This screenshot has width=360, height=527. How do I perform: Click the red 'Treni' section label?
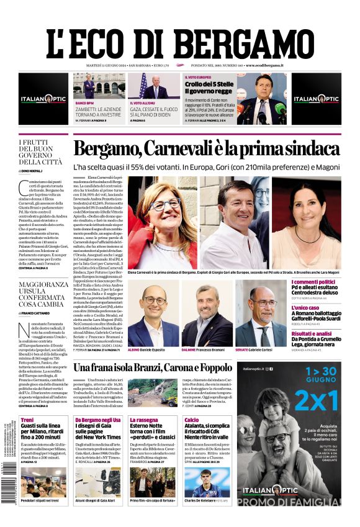pos(27,420)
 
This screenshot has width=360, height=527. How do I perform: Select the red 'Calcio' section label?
pos(192,420)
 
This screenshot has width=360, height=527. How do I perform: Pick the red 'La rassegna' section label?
pos(143,420)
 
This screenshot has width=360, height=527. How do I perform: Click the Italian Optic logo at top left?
pos(43,99)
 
